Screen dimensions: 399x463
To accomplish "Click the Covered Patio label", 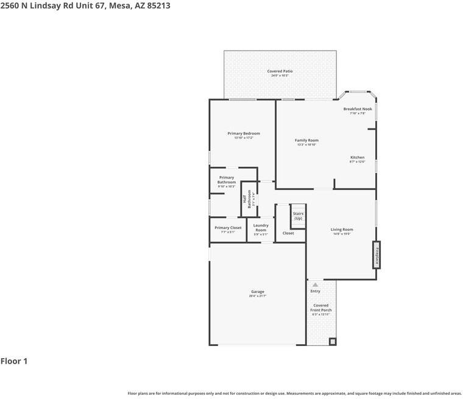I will pos(280,71).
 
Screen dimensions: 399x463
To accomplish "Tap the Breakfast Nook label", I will pos(358,109).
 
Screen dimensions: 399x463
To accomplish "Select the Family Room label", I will pos(306,141).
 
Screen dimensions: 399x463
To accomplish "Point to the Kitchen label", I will pos(357,158).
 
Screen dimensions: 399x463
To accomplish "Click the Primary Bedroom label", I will pos(244,133).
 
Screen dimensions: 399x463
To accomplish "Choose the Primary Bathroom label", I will pos(227,180).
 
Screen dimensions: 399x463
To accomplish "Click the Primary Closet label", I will pos(228,228).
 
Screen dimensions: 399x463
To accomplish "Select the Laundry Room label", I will pos(261,227).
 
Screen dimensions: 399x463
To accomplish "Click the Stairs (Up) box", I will pos(298,216).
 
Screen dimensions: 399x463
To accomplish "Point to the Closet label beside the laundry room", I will pos(288,233).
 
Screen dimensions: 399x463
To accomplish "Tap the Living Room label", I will pos(342,230).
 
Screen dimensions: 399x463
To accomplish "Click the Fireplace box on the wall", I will pos(377,255).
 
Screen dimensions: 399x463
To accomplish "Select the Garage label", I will pos(258,291).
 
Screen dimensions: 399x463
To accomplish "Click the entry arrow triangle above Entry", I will pos(315,284).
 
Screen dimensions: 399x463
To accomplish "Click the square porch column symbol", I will pos(333,341).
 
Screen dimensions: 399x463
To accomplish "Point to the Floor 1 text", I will pos(14,361).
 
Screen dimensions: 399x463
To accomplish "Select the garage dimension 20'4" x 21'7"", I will pos(258,296).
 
